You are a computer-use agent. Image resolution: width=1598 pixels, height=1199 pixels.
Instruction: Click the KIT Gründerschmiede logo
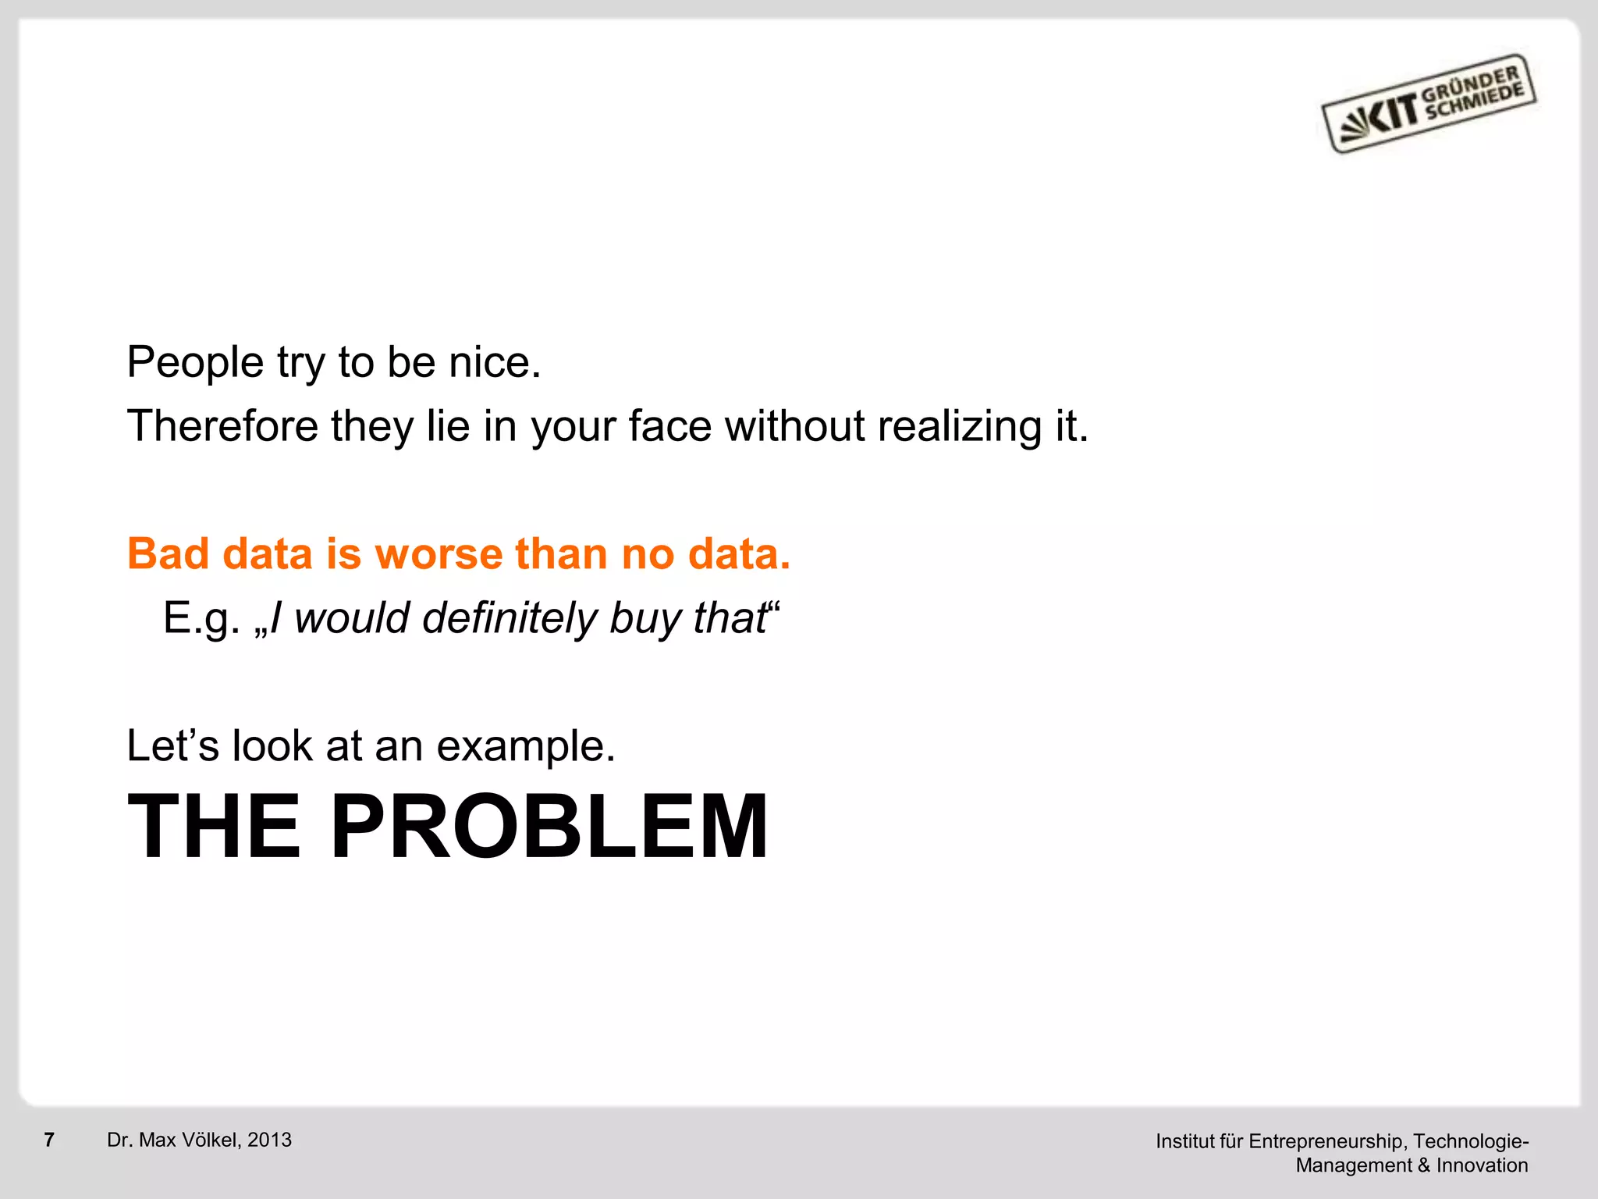(1429, 104)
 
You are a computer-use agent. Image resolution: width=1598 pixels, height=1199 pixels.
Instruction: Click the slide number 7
(49, 1140)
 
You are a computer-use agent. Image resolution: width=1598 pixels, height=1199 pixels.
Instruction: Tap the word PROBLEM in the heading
(549, 827)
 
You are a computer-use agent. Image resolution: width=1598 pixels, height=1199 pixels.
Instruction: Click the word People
(195, 364)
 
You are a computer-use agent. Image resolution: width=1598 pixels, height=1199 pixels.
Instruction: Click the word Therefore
(222, 427)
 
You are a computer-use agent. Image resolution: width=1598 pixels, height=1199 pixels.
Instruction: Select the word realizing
(959, 427)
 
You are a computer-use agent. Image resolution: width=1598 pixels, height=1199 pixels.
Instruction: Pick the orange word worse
(439, 554)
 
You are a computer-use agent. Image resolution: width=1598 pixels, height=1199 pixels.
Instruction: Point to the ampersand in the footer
(1424, 1165)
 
